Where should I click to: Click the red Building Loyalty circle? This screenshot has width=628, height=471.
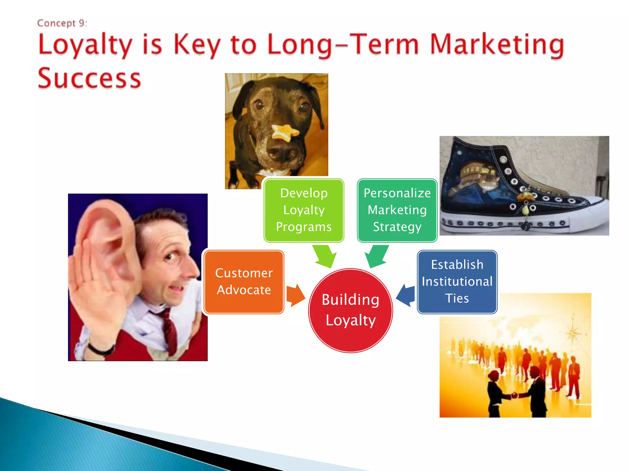[350, 310]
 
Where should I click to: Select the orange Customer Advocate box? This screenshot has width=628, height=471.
[244, 282]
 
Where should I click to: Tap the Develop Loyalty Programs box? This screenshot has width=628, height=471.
[304, 210]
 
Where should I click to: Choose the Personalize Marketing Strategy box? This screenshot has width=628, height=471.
[397, 210]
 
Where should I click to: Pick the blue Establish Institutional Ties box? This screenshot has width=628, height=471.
[457, 282]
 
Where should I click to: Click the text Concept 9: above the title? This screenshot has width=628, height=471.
[62, 23]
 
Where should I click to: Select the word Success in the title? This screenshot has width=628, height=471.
[89, 78]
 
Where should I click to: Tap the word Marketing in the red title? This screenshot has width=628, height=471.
[497, 45]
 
